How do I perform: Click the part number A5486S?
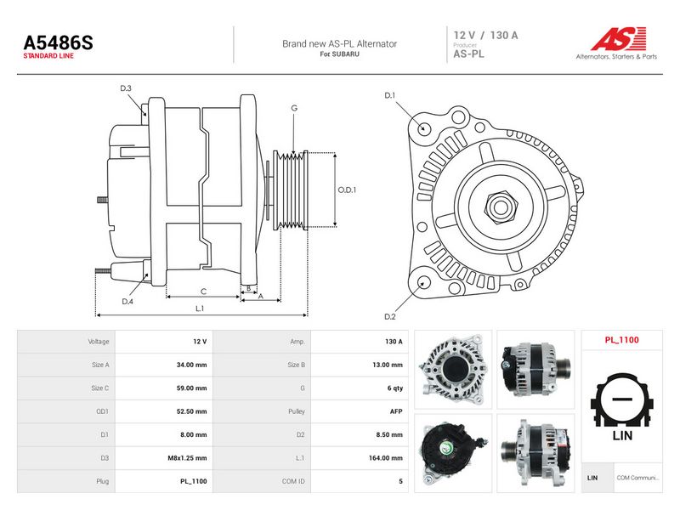58,42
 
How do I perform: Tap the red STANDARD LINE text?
48,56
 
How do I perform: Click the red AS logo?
619,39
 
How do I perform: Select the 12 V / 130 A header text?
485,35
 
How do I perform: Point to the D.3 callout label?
126,88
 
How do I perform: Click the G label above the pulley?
294,108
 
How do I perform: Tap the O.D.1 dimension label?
347,190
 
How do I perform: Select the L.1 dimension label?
200,309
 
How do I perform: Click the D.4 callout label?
127,302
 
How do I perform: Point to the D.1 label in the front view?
390,95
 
